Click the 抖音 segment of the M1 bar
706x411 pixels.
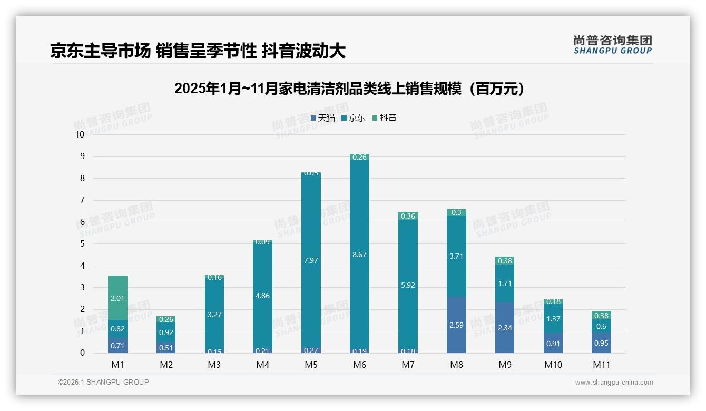pos(117,298)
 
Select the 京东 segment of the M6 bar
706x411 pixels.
pos(359,254)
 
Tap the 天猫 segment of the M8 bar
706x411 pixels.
pos(456,325)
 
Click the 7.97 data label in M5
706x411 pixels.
pos(311,260)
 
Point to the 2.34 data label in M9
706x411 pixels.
pos(505,328)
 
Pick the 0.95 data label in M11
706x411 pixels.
pos(601,343)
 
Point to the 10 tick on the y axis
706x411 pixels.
pos(80,134)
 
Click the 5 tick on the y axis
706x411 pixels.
pos(82,244)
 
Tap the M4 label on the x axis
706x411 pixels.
pos(262,365)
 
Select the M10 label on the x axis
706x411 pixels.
pos(553,365)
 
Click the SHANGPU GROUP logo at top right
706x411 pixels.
pos(612,45)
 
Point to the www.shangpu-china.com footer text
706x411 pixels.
pos(614,383)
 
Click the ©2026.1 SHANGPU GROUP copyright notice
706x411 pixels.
pos(103,382)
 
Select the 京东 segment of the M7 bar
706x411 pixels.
pos(408,285)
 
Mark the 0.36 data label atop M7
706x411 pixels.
pos(408,216)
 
